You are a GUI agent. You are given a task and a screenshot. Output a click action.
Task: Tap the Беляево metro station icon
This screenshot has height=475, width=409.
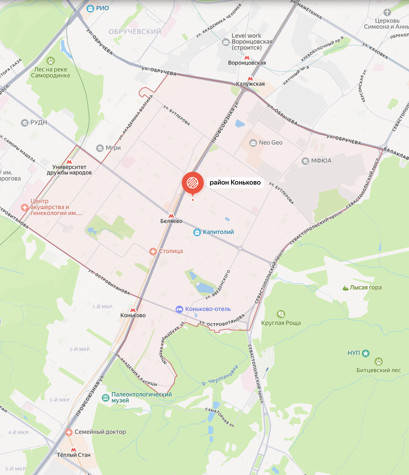[171, 215]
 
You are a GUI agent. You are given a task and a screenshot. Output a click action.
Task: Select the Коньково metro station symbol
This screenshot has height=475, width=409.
[133, 309]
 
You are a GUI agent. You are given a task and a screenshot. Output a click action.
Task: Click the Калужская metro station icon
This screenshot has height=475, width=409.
[250, 78]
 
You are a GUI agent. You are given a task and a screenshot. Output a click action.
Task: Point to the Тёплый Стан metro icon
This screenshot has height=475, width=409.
[73, 449]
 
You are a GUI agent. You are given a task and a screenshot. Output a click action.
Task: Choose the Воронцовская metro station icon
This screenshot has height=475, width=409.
[247, 57]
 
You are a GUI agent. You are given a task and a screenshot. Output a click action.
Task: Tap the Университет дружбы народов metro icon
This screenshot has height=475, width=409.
[69, 161]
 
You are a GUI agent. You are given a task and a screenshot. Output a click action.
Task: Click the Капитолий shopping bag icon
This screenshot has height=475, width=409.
[197, 232]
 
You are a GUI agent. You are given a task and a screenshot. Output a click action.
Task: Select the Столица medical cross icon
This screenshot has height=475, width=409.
[153, 251]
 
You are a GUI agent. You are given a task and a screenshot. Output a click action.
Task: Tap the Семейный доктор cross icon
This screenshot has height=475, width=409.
[69, 432]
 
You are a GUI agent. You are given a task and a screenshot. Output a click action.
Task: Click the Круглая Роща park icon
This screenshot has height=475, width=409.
[281, 314]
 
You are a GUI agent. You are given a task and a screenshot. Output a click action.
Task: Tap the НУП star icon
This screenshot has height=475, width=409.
[366, 353]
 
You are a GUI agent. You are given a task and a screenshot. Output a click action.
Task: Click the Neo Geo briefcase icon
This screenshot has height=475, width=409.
[253, 142]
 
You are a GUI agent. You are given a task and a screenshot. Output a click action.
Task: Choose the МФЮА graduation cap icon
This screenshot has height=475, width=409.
[305, 161]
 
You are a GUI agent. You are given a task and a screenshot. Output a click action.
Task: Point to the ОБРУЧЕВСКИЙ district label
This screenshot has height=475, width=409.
[135, 32]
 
